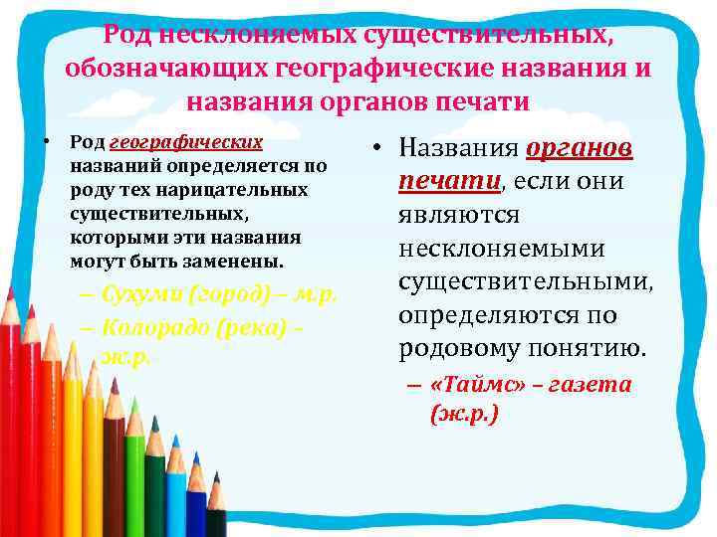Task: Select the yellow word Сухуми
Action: pyautogui.click(x=143, y=295)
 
